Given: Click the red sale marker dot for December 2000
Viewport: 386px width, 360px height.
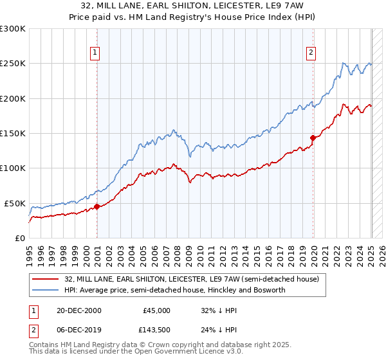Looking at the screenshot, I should click(97, 206).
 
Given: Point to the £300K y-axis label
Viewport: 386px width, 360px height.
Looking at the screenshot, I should click(13, 29).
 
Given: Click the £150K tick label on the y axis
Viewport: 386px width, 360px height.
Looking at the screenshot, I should click(13, 133).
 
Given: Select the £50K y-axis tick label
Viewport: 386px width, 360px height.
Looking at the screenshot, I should click(15, 203).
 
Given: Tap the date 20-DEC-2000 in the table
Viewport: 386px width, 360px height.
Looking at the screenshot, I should click(79, 310).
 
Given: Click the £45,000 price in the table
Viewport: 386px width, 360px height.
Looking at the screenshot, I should click(157, 310).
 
